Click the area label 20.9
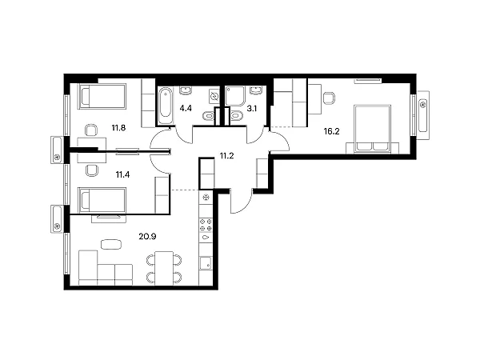point(147,236)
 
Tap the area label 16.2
point(331,132)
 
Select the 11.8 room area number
point(118,128)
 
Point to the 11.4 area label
point(122,174)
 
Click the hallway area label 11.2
point(227,156)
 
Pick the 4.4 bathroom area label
point(186,108)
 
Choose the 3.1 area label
point(252,108)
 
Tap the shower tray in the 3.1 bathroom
point(235,95)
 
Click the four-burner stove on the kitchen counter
point(206,225)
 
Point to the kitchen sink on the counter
point(206,263)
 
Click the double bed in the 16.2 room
point(372,129)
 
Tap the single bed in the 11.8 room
point(102,96)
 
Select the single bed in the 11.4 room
point(102,200)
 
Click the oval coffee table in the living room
point(111,244)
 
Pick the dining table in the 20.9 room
point(164,269)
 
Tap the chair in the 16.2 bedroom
point(329,98)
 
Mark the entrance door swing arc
point(244,206)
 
